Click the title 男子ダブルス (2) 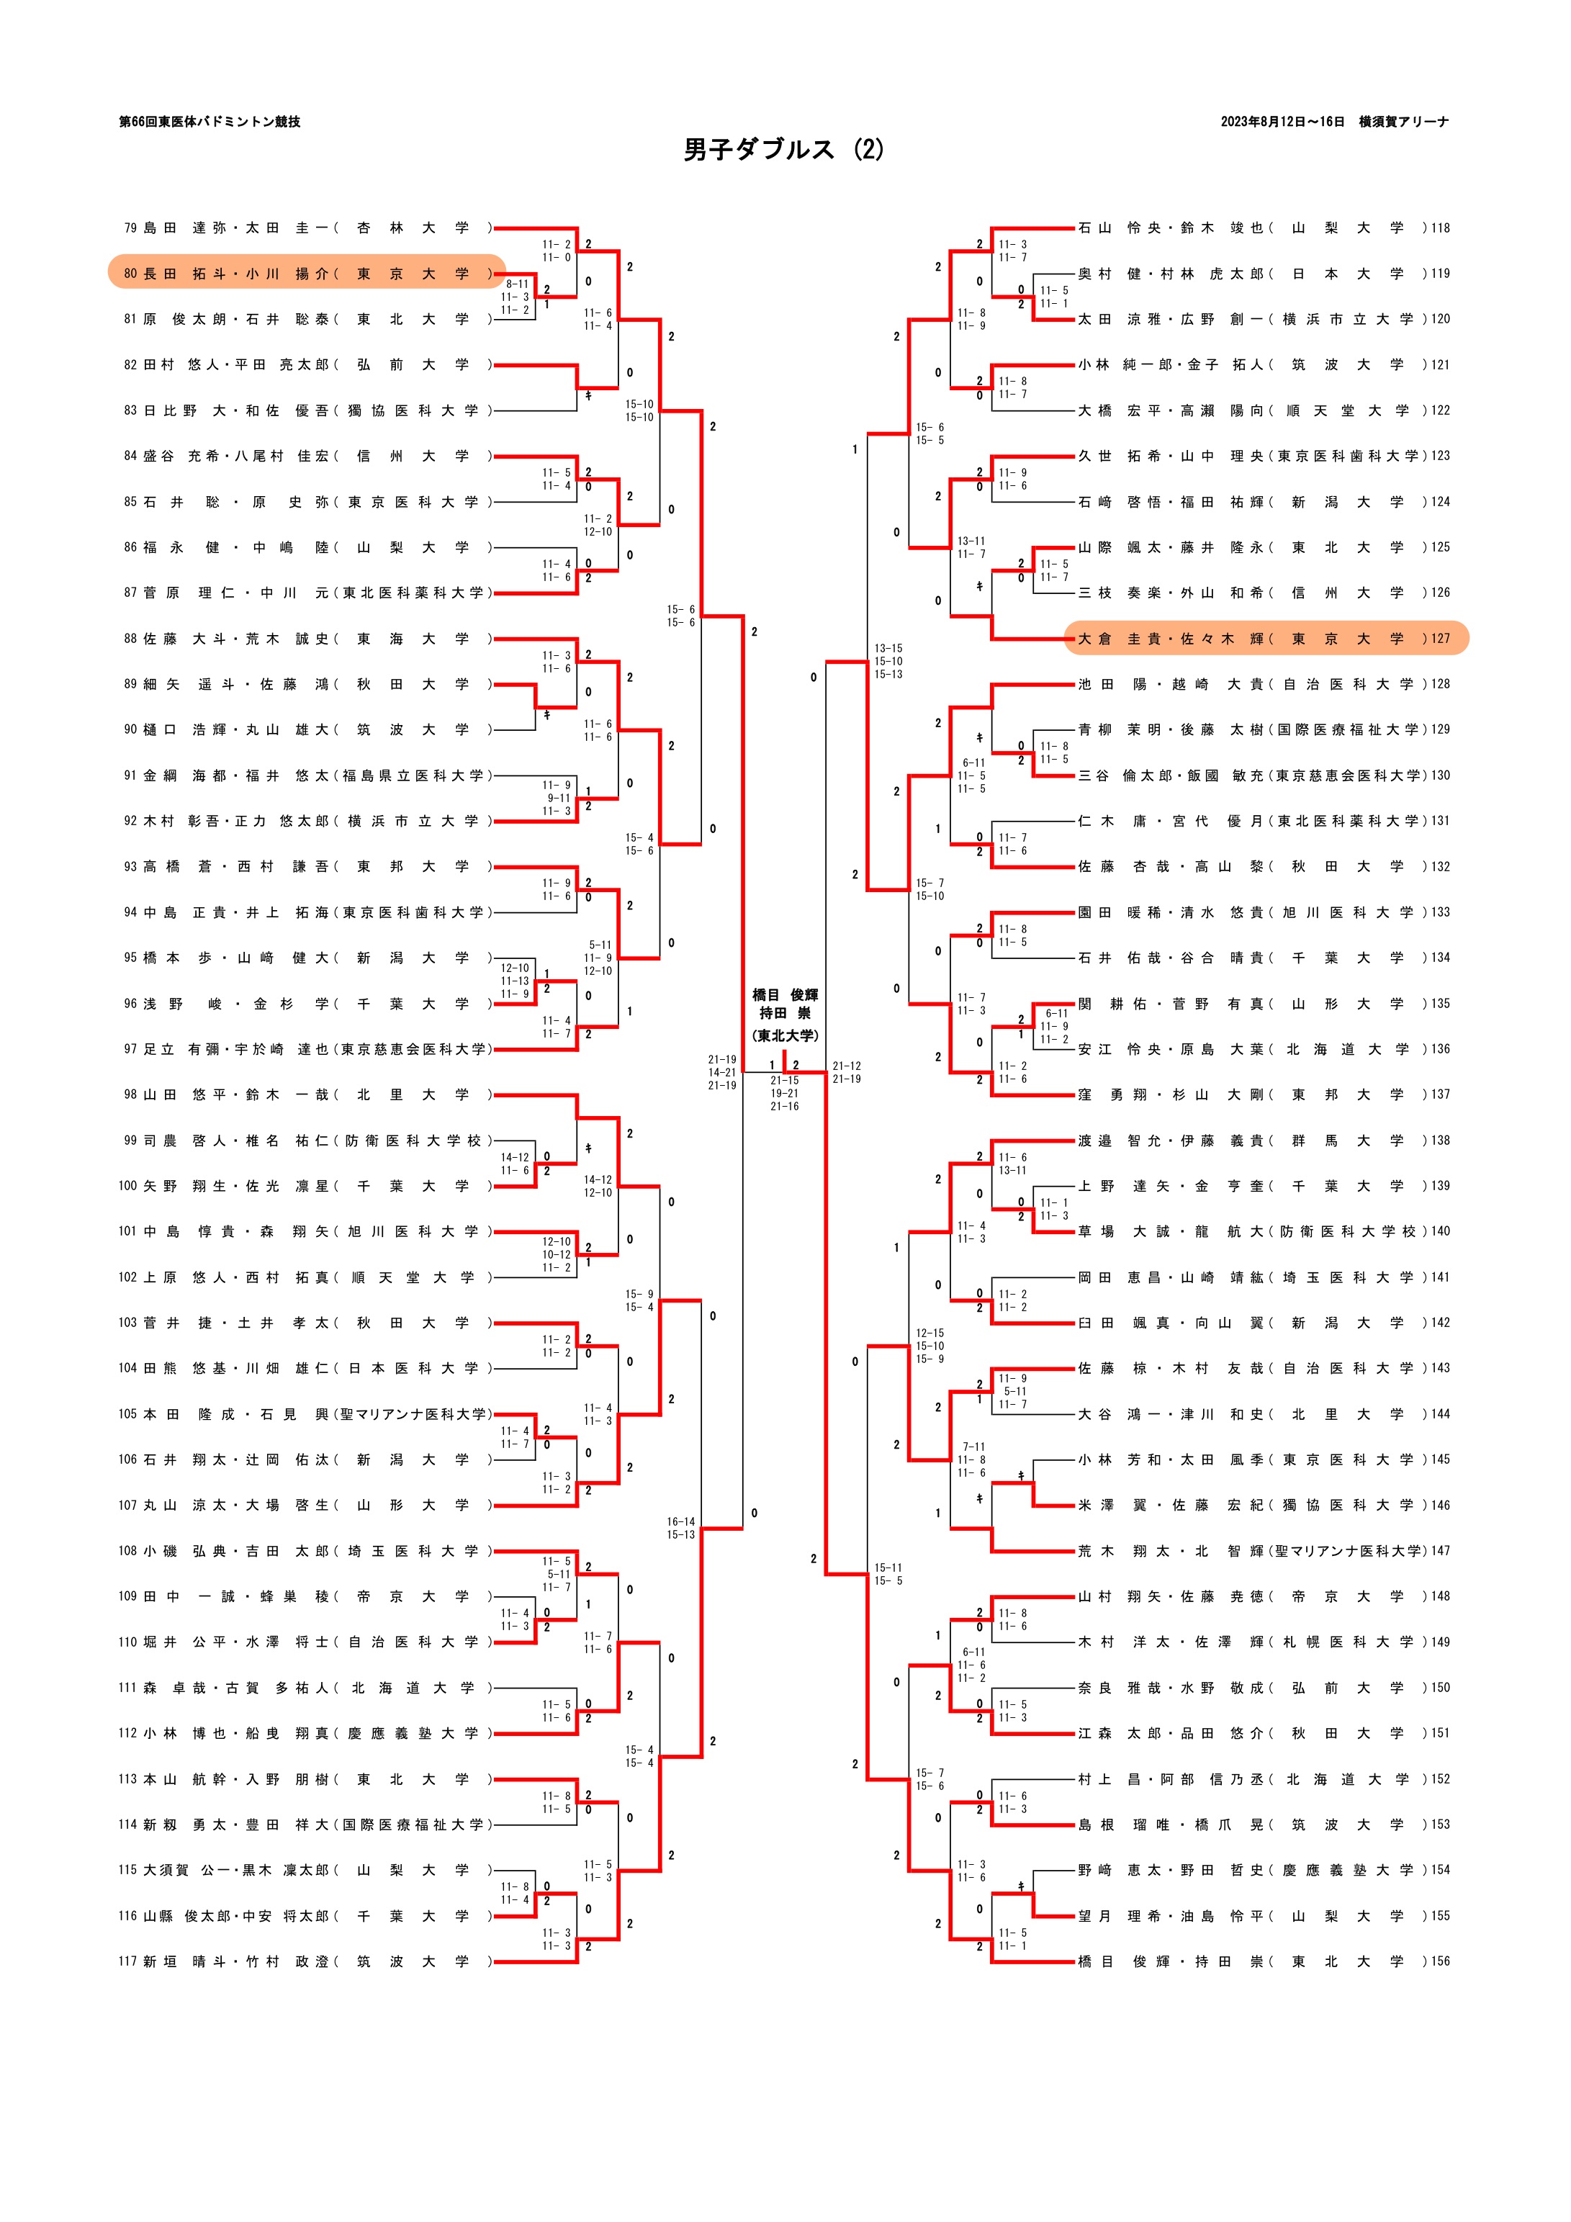(784, 150)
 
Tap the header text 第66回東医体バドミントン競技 (209, 122)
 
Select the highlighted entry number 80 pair (307, 274)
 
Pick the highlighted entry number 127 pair (1265, 639)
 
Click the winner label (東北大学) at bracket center (785, 1035)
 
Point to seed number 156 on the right (1441, 1961)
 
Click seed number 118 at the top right (1441, 228)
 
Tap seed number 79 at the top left (130, 228)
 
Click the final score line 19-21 (784, 1094)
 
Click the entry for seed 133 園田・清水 (1248, 912)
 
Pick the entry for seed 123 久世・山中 (1248, 456)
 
